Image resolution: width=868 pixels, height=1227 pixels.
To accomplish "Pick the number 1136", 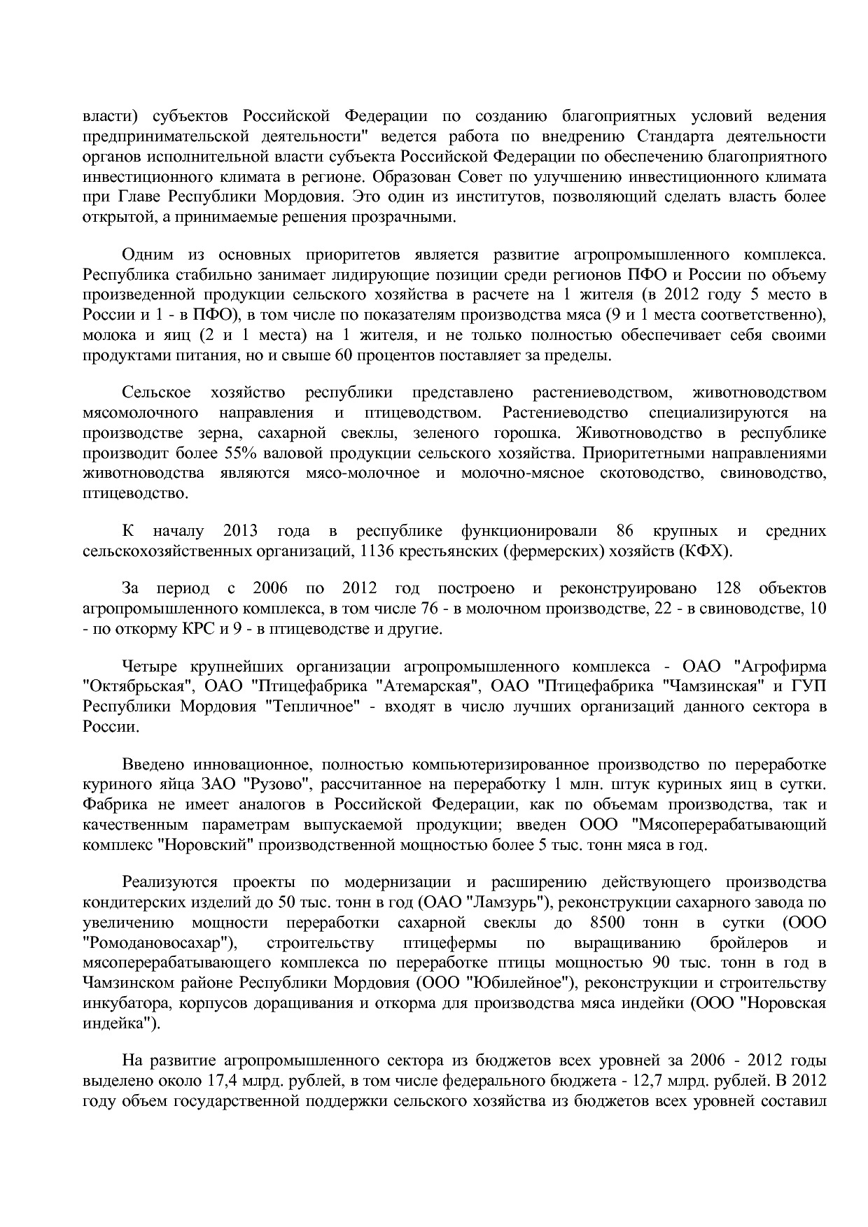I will click(377, 551).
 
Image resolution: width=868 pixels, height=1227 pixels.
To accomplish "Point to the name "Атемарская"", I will click(428, 686).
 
